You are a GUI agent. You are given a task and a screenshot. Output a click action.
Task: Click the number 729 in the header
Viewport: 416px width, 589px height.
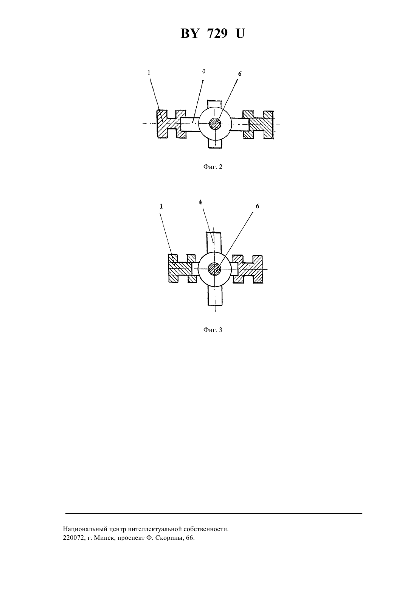tap(217, 34)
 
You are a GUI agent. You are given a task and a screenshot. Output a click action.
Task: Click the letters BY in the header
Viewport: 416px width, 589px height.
tap(189, 34)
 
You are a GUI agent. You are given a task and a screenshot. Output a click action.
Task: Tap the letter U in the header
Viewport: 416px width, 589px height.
tap(240, 34)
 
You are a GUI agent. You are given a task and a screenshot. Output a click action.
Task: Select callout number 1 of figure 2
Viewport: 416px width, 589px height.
tap(149, 73)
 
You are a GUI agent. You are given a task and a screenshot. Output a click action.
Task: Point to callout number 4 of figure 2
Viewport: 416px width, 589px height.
tap(203, 71)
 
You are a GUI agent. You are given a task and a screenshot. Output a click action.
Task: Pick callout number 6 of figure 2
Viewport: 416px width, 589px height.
tap(239, 74)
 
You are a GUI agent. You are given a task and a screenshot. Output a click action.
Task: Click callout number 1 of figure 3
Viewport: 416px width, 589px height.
tap(161, 206)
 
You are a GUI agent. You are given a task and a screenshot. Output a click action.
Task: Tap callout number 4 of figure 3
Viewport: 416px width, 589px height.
tap(200, 202)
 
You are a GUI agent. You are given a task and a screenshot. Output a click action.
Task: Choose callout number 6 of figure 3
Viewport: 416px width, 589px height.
tap(258, 206)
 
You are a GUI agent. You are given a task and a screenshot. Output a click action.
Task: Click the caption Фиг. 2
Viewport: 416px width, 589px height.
tap(213, 167)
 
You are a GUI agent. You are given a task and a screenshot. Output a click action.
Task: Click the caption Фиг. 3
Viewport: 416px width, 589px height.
tap(213, 330)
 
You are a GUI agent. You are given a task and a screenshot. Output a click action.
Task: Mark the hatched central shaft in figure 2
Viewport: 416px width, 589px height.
tap(215, 123)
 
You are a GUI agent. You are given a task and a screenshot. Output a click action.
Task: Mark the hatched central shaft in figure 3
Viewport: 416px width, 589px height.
tap(214, 269)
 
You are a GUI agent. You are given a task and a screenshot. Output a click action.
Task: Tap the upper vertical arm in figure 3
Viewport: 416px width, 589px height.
tap(214, 242)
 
